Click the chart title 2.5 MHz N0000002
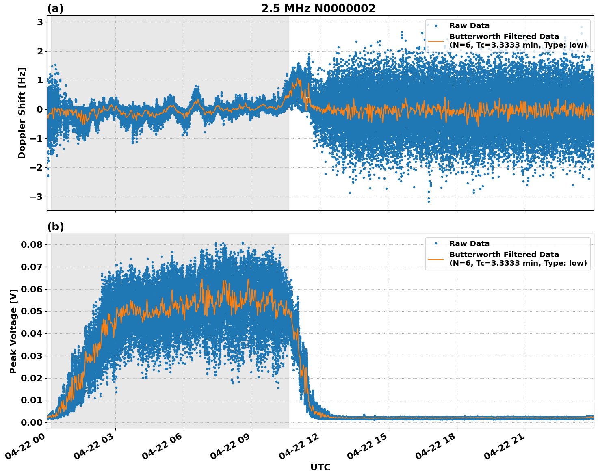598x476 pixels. tap(318, 9)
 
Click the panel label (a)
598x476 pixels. tap(55, 9)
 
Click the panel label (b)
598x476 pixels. tap(55, 227)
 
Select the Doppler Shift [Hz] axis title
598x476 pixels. tap(22, 113)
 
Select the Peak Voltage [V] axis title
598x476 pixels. tap(13, 331)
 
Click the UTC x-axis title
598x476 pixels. tap(320, 467)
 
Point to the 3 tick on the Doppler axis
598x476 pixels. tap(40, 22)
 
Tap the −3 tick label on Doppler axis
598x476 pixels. tap(37, 197)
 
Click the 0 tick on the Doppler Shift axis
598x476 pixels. tap(40, 109)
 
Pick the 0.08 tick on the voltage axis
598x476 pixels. tap(32, 244)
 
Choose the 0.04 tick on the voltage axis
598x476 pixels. tap(32, 333)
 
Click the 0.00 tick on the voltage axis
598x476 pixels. tap(32, 422)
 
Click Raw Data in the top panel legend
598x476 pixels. tap(469, 26)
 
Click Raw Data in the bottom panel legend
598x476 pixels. tap(469, 244)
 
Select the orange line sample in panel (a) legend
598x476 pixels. tap(435, 41)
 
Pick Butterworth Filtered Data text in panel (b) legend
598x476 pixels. tap(504, 255)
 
